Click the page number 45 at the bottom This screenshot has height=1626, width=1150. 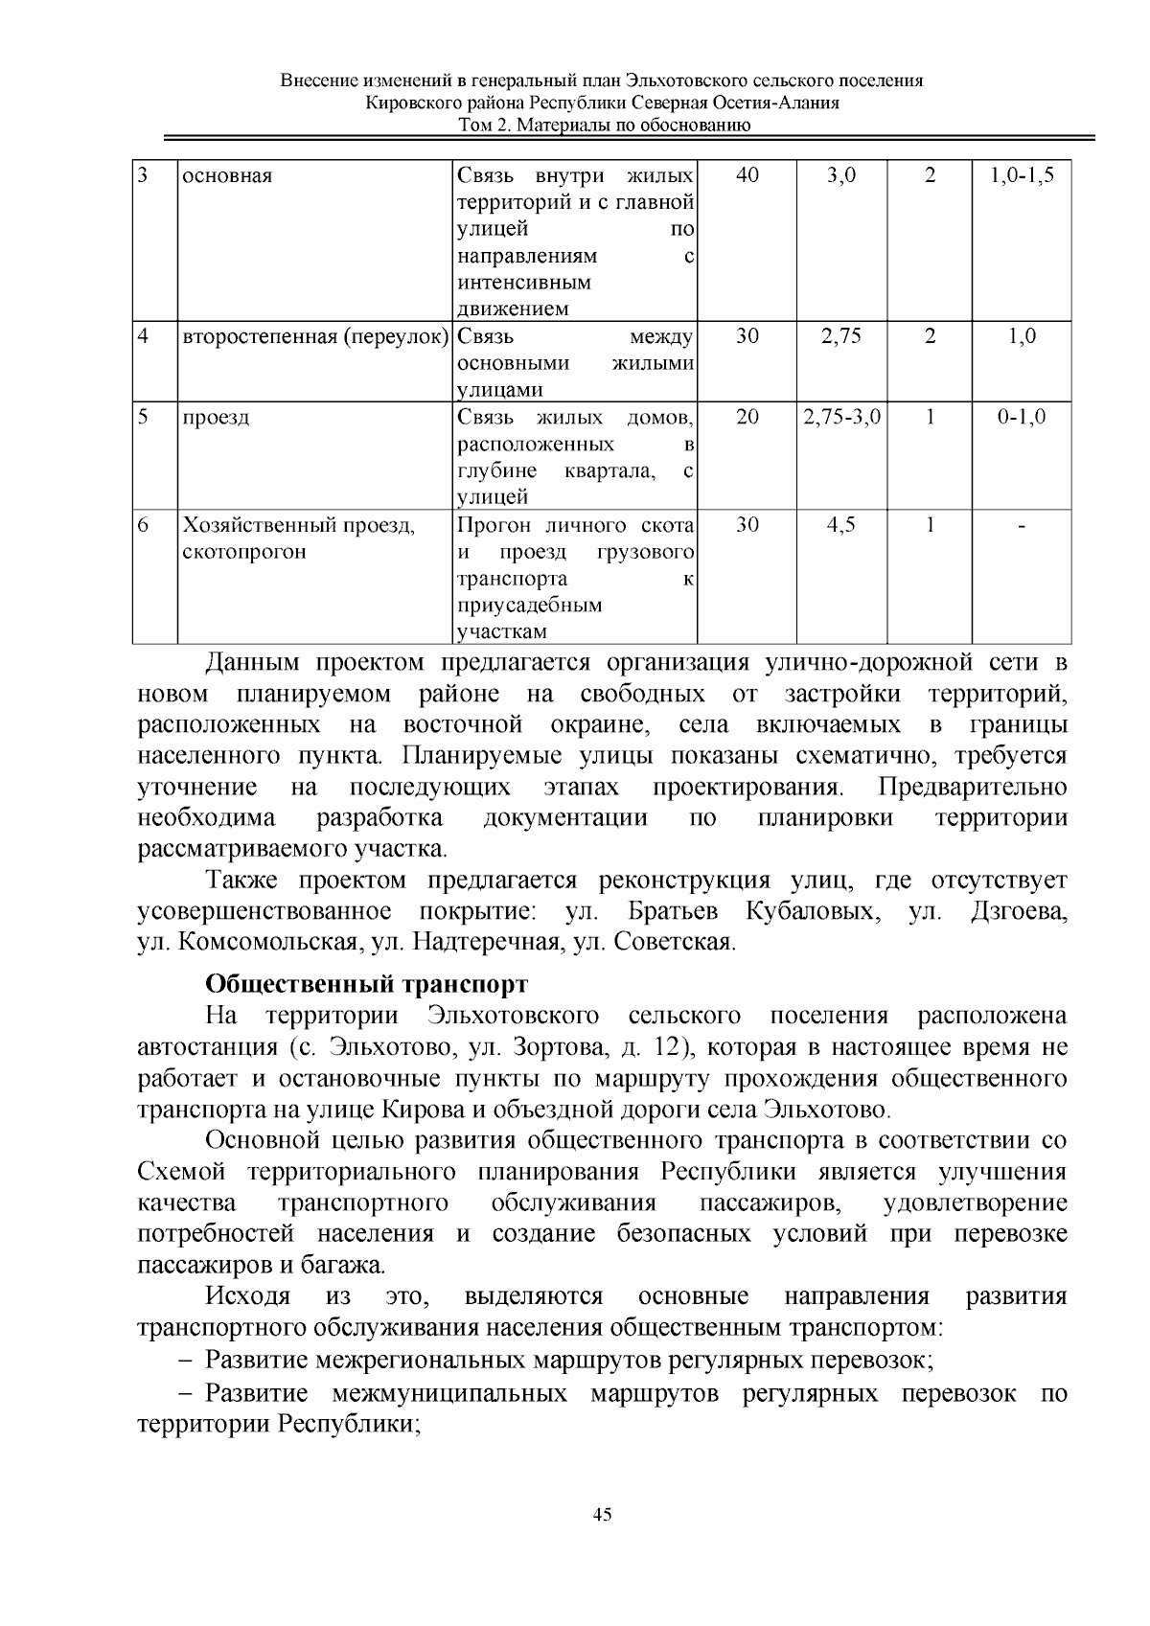click(x=602, y=1515)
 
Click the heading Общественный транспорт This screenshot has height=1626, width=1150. click(x=367, y=984)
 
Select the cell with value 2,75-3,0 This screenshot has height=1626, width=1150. click(x=841, y=417)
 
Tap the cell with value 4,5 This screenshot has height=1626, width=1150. click(x=841, y=525)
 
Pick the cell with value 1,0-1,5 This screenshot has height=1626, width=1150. click(x=1022, y=175)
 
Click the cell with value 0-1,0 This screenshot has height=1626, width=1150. click(x=1022, y=417)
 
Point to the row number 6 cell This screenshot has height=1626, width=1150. click(x=144, y=525)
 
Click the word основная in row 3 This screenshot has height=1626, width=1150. click(x=227, y=176)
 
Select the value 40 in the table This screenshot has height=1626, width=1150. click(x=747, y=175)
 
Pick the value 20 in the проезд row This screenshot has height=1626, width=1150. click(x=747, y=417)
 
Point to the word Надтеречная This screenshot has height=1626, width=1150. click(x=486, y=942)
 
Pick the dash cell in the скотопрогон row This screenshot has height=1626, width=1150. click(x=1022, y=525)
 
